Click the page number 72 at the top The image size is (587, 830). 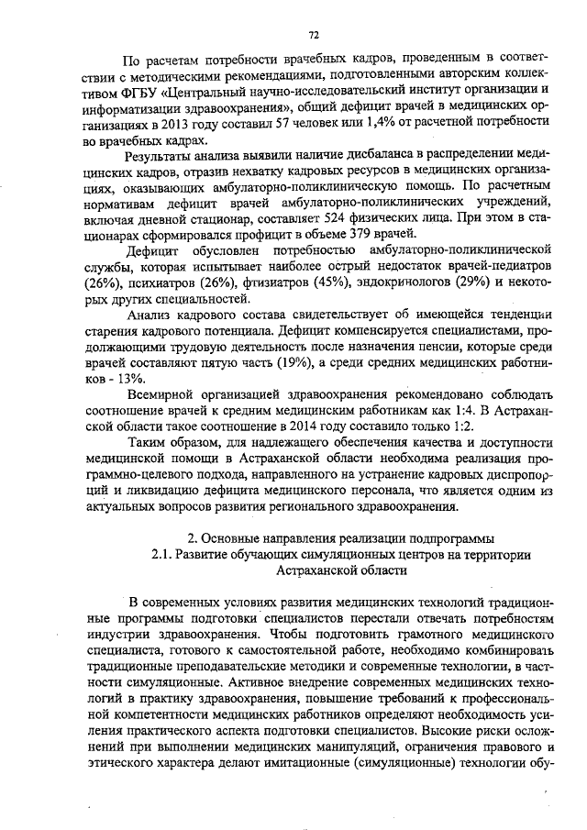313,35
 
